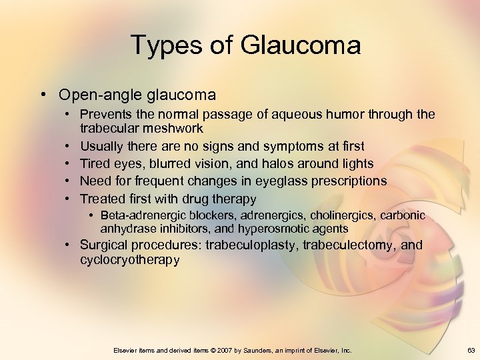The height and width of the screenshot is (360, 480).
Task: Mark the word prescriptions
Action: coord(346,181)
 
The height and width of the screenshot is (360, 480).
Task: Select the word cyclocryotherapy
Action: coord(130,259)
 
